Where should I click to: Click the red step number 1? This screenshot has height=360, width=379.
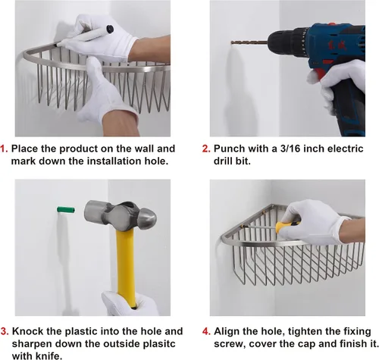[4, 149]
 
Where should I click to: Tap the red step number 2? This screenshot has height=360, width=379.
[206, 149]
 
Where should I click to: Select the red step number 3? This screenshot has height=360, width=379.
[5, 331]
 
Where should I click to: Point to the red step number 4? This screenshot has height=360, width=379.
[206, 331]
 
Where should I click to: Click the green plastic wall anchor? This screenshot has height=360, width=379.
[66, 210]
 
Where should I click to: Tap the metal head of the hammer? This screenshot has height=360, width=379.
[121, 214]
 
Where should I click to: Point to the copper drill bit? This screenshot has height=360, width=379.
[249, 42]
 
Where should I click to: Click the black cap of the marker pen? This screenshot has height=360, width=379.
[110, 29]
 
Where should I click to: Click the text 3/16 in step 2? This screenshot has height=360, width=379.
[290, 149]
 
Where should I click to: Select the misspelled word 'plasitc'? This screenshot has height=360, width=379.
[156, 344]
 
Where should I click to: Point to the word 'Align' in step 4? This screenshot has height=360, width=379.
[227, 331]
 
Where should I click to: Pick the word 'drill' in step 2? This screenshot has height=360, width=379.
[223, 161]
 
